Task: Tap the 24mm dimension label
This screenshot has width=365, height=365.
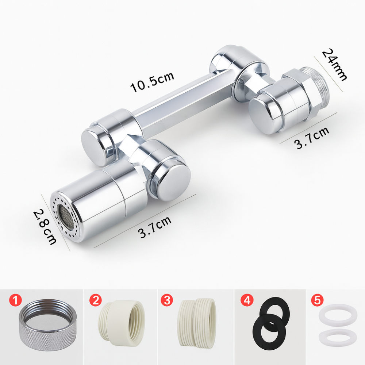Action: click(334, 65)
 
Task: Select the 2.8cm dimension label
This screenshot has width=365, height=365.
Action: click(45, 227)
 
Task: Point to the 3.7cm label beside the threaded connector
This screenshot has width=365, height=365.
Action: click(312, 138)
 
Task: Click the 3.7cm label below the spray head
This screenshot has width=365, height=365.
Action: click(155, 227)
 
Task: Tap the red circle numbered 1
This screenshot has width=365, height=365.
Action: click(15, 300)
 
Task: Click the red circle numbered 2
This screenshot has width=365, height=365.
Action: click(95, 300)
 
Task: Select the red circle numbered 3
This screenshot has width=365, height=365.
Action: click(167, 300)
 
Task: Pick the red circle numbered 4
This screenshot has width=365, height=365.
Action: click(247, 300)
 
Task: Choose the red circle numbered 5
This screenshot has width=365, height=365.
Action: click(317, 300)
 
